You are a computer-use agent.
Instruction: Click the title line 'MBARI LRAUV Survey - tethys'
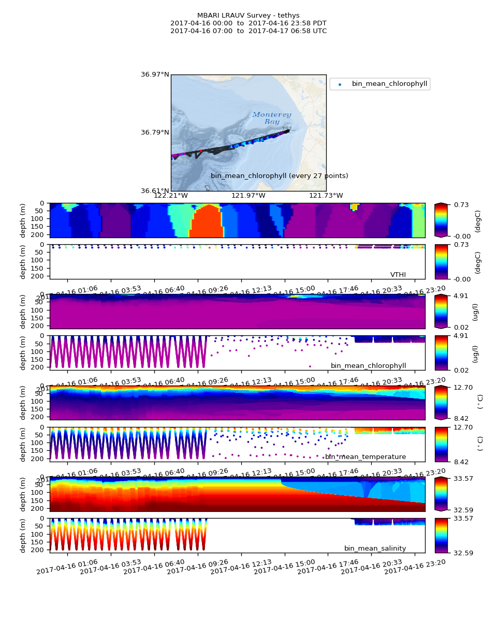point(248,16)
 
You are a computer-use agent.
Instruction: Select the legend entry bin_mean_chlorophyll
point(389,84)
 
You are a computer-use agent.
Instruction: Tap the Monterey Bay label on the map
point(272,118)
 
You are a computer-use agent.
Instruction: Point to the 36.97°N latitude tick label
point(155,75)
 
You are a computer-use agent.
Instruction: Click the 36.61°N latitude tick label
point(155,191)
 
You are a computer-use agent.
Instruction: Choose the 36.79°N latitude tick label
point(155,132)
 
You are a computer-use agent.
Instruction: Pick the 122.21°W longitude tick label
point(171,196)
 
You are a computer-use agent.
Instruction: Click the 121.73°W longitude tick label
point(326,196)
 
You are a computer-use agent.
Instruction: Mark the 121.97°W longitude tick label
point(248,196)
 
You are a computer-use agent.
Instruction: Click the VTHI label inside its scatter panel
point(398,275)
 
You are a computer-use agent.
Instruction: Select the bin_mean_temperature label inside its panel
point(366,457)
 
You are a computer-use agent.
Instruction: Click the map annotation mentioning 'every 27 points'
point(279,176)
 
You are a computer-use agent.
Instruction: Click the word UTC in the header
point(319,31)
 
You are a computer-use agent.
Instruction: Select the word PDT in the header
point(319,23)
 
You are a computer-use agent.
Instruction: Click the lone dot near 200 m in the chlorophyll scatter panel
point(310,366)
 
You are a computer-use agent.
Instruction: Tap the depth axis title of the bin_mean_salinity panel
point(23,535)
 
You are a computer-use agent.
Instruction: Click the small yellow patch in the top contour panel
point(354,206)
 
